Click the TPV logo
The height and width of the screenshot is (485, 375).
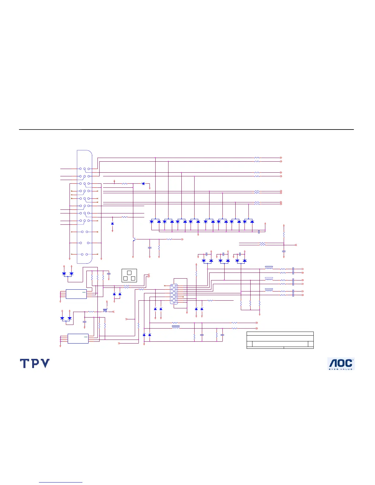(x=35, y=363)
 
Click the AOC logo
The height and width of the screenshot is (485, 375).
(x=341, y=364)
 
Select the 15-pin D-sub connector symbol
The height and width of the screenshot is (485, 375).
(x=174, y=294)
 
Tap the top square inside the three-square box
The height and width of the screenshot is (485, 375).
(x=129, y=273)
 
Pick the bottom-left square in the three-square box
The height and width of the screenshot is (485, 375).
(x=125, y=278)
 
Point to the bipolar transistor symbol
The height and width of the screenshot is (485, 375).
(x=134, y=239)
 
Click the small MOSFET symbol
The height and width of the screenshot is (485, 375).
(x=105, y=311)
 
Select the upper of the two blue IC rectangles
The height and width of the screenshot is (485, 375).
(x=76, y=294)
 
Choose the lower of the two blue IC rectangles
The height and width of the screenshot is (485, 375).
(x=78, y=338)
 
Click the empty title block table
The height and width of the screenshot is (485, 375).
(x=280, y=340)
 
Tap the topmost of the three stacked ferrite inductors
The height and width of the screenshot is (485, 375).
(x=269, y=268)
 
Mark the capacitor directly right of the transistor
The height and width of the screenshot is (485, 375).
(x=150, y=247)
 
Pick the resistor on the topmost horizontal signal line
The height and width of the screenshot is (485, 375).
(x=257, y=158)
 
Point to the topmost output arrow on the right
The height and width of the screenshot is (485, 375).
(x=281, y=158)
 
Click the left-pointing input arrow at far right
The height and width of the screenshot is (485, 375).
(x=296, y=245)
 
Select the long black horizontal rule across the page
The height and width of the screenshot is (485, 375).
(x=186, y=130)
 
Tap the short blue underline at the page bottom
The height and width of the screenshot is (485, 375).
(x=61, y=483)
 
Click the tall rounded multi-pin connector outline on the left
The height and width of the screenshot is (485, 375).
(x=85, y=207)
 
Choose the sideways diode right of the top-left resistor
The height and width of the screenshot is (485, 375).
(x=143, y=184)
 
